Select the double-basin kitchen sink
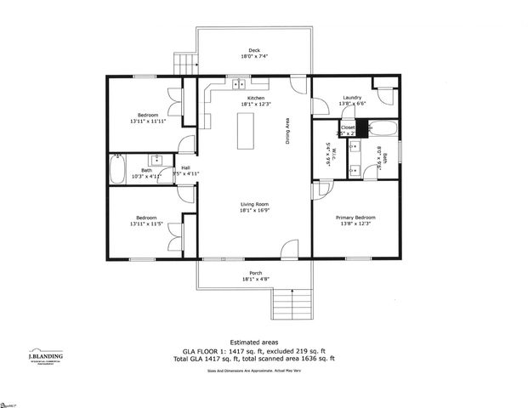238,84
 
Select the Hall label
185,168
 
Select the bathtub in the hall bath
118,168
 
